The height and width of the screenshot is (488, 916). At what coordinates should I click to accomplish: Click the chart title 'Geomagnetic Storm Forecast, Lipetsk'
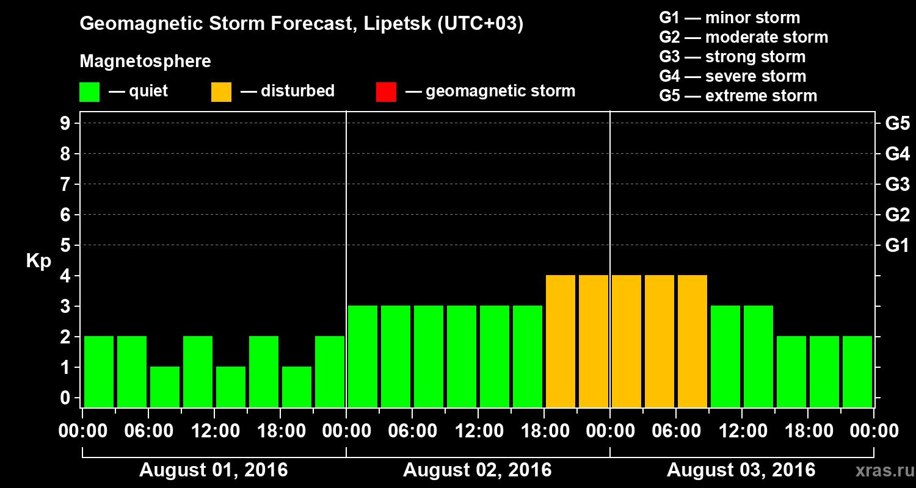click(302, 24)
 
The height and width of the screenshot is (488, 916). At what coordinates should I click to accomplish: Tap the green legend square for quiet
click(89, 91)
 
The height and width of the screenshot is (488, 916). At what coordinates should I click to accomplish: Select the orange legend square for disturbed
click(221, 91)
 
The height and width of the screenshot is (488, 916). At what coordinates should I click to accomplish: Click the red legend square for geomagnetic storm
click(386, 91)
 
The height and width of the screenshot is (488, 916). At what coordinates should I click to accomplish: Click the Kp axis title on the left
click(38, 261)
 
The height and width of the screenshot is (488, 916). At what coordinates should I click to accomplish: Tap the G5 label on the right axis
click(897, 124)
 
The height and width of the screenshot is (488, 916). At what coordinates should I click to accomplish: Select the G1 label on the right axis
click(897, 246)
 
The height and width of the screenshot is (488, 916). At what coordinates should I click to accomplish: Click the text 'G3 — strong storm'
click(732, 57)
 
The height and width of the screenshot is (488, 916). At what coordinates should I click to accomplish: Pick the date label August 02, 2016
click(477, 470)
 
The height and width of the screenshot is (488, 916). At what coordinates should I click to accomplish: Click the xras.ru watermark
click(880, 470)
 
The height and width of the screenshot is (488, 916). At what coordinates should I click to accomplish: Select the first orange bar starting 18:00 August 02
click(561, 341)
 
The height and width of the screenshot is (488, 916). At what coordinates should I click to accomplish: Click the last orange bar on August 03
click(692, 341)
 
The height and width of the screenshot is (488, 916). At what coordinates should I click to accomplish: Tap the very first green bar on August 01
click(99, 371)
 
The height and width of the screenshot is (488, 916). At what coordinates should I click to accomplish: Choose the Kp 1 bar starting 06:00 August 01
click(165, 387)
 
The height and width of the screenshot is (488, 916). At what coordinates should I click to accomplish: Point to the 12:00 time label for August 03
click(741, 431)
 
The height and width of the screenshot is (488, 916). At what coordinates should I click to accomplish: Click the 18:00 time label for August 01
click(280, 431)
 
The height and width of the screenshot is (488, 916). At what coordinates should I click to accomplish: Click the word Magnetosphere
click(145, 62)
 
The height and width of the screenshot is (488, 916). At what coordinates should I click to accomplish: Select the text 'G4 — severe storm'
click(733, 76)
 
